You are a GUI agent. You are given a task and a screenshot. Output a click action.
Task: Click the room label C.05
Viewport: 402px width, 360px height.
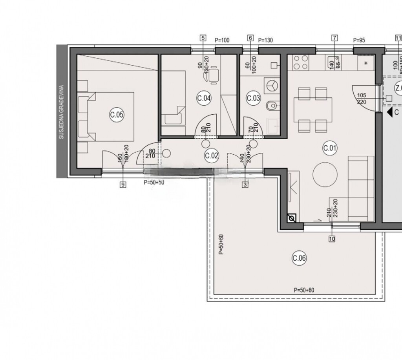(117, 115)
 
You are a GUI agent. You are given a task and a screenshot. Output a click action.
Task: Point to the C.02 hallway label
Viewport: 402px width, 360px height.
(212, 155)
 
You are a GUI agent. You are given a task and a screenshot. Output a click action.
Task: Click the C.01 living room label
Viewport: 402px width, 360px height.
(330, 148)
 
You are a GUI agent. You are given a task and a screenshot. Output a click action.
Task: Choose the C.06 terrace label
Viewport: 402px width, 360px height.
(299, 258)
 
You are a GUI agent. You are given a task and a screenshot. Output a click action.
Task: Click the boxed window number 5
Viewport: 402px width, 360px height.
(203, 38)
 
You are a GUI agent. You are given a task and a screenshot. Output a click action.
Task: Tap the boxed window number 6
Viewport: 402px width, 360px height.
(250, 38)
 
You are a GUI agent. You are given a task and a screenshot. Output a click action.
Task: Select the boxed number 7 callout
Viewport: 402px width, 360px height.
(334, 38)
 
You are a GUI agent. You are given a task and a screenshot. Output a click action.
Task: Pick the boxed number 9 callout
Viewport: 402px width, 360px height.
(123, 184)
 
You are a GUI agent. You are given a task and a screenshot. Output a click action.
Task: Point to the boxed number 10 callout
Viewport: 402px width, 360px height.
(332, 238)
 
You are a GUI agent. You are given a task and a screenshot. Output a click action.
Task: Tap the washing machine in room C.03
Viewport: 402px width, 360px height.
(271, 84)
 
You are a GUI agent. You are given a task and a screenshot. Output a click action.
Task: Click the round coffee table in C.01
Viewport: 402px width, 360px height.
(325, 174)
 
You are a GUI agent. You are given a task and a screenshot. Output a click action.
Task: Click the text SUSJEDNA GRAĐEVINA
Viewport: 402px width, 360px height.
(61, 112)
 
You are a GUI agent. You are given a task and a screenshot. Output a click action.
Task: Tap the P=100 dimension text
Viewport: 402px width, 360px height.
(222, 40)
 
